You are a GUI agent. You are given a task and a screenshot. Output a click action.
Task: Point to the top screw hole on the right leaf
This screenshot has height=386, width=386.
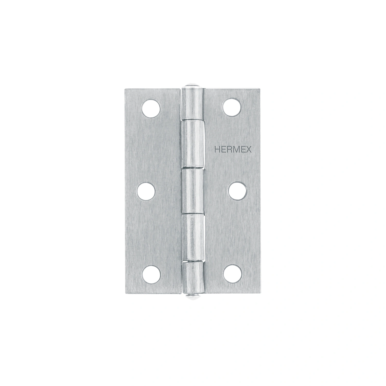[x=232, y=107]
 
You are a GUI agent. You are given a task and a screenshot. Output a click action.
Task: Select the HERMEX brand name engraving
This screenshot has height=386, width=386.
[x=233, y=150]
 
